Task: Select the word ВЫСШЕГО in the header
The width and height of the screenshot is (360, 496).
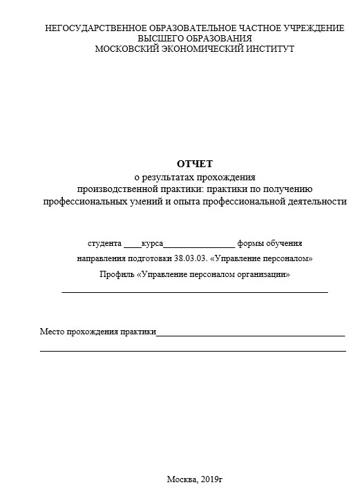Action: [x=161, y=39]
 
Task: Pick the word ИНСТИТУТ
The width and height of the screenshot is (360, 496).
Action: [x=269, y=49]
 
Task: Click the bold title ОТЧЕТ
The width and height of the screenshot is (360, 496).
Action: [x=195, y=164]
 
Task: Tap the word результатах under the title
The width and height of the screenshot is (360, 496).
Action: [x=176, y=177]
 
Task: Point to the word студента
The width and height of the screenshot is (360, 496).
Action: [x=104, y=244]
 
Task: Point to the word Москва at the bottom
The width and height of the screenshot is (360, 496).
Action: [x=181, y=479]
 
